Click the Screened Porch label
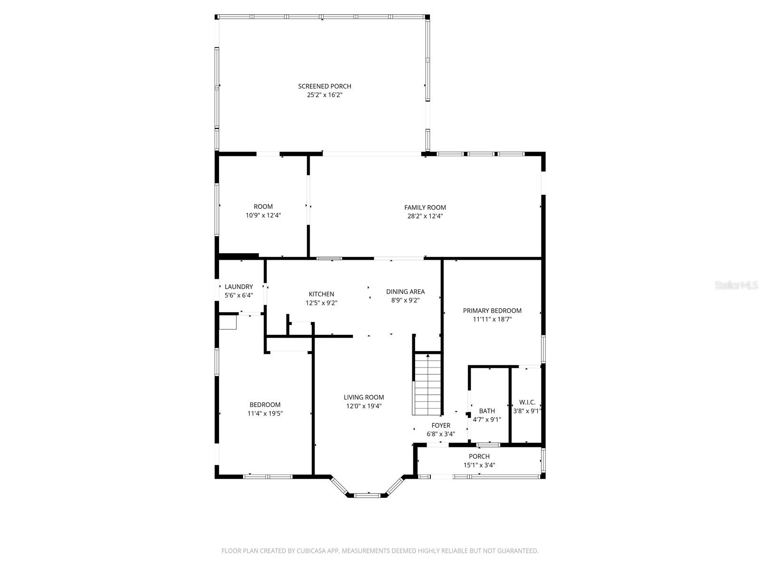click(x=324, y=86)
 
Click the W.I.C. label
click(x=527, y=402)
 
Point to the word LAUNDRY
click(x=238, y=286)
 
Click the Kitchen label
click(x=321, y=294)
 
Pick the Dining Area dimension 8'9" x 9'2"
click(x=405, y=300)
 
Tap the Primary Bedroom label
click(x=492, y=311)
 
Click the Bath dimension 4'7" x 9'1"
click(x=487, y=419)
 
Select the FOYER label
click(x=440, y=426)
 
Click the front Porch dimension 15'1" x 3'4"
click(x=479, y=465)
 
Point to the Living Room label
click(x=363, y=397)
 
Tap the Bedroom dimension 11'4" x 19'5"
click(x=265, y=413)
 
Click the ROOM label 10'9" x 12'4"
click(x=263, y=207)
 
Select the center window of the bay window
click(x=367, y=495)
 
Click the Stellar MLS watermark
click(x=736, y=285)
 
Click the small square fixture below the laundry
click(x=228, y=323)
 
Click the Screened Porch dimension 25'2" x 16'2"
click(x=324, y=95)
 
